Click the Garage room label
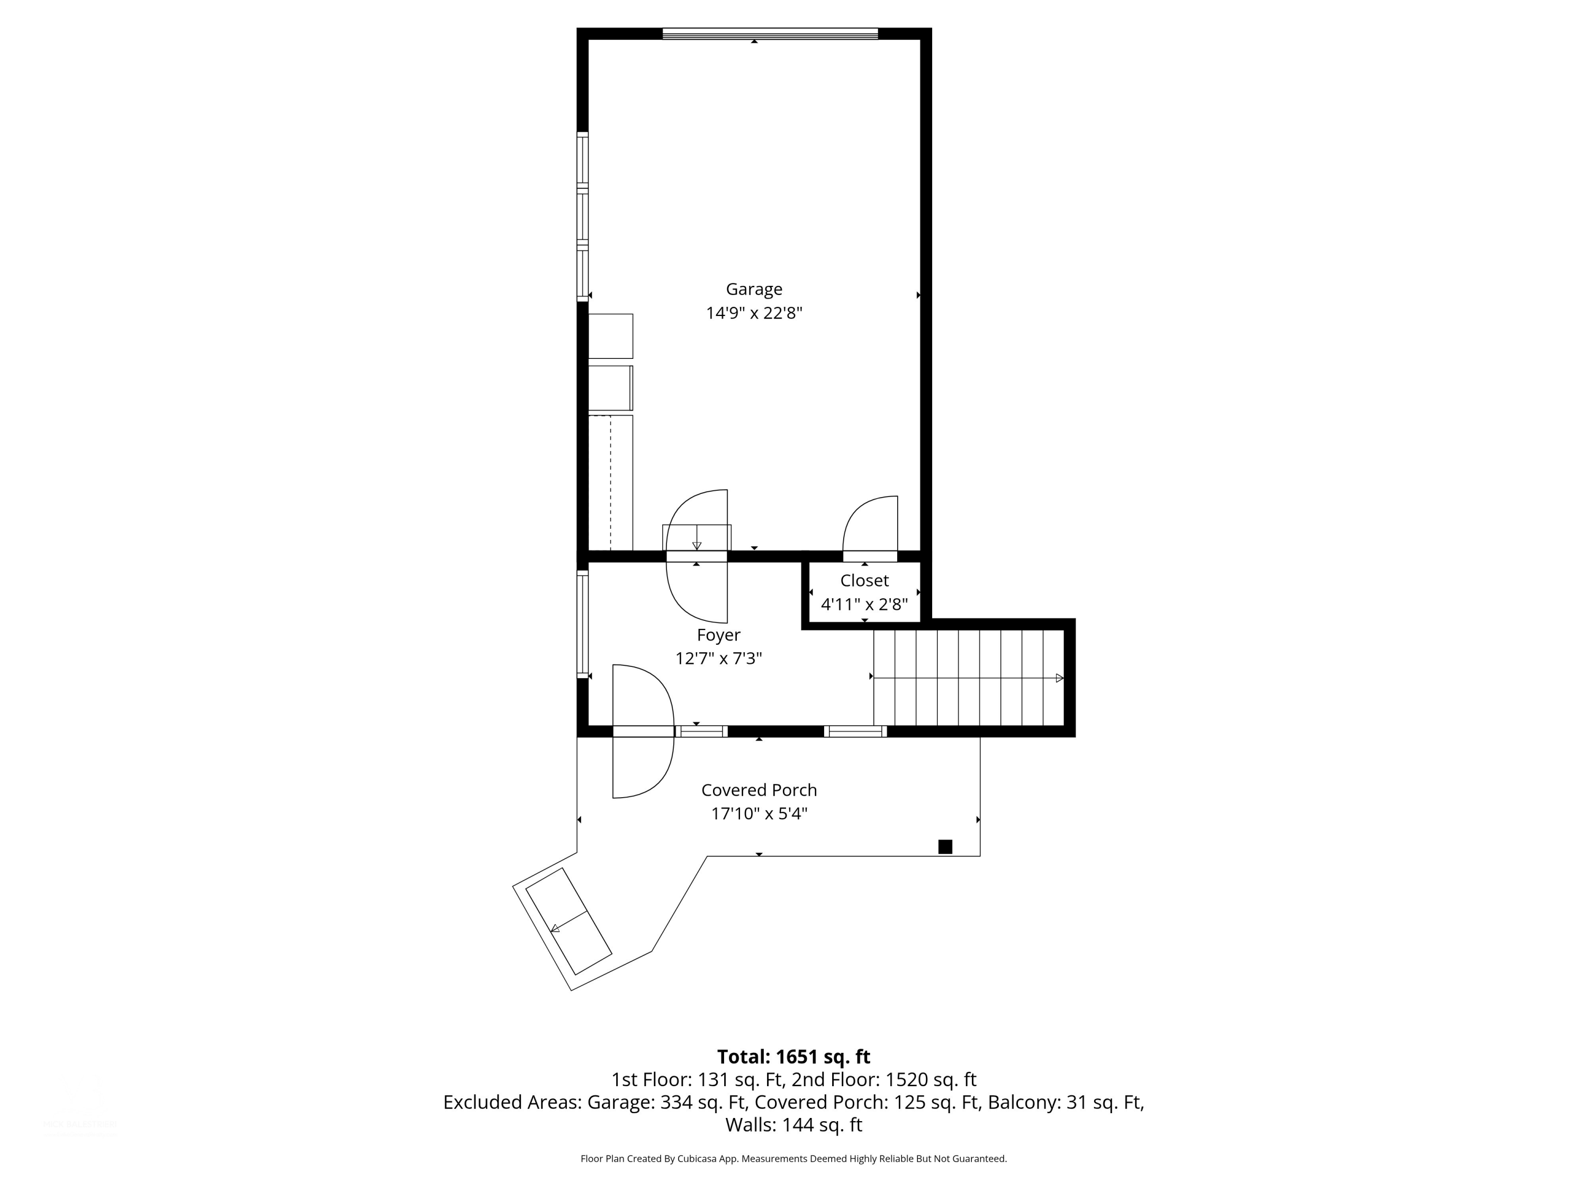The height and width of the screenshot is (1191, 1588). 754,290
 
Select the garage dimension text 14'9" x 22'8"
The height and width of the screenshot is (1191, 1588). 754,313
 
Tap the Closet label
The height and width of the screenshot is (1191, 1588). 864,581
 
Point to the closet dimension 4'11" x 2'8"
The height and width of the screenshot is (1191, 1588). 864,604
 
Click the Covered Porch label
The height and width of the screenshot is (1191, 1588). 759,790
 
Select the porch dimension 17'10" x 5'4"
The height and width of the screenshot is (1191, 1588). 759,814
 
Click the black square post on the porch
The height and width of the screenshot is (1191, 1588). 945,847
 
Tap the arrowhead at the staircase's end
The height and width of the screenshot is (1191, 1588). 1060,678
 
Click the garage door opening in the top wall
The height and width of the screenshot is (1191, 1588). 770,33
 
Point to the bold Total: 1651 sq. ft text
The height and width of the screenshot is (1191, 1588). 793,1057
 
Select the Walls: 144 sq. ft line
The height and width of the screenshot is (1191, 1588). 793,1125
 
